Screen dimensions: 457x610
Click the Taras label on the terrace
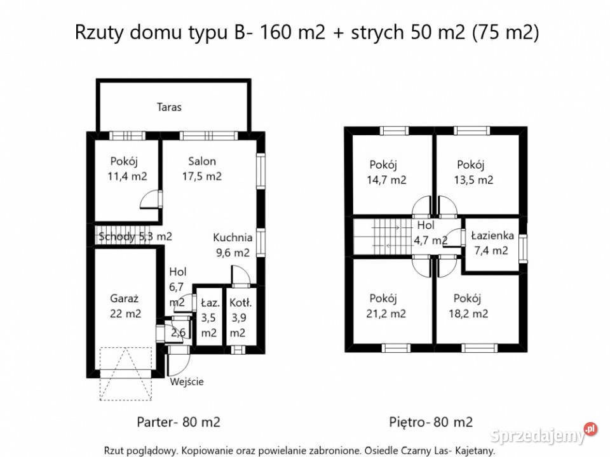[x=169, y=107]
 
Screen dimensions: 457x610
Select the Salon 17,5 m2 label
[x=201, y=169]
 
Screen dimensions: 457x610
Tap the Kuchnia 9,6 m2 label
[x=233, y=245]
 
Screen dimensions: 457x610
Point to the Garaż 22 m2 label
[x=125, y=305]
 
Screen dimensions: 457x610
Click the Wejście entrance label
[x=187, y=381]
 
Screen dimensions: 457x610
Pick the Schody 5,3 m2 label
[x=135, y=237]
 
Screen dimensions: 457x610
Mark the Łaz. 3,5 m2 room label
[x=208, y=317]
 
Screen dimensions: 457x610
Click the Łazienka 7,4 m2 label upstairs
[x=492, y=242]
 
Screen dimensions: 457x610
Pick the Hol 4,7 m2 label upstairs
[x=430, y=233]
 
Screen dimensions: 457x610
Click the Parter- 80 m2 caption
[x=179, y=421]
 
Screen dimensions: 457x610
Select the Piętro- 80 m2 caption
[x=431, y=421]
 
